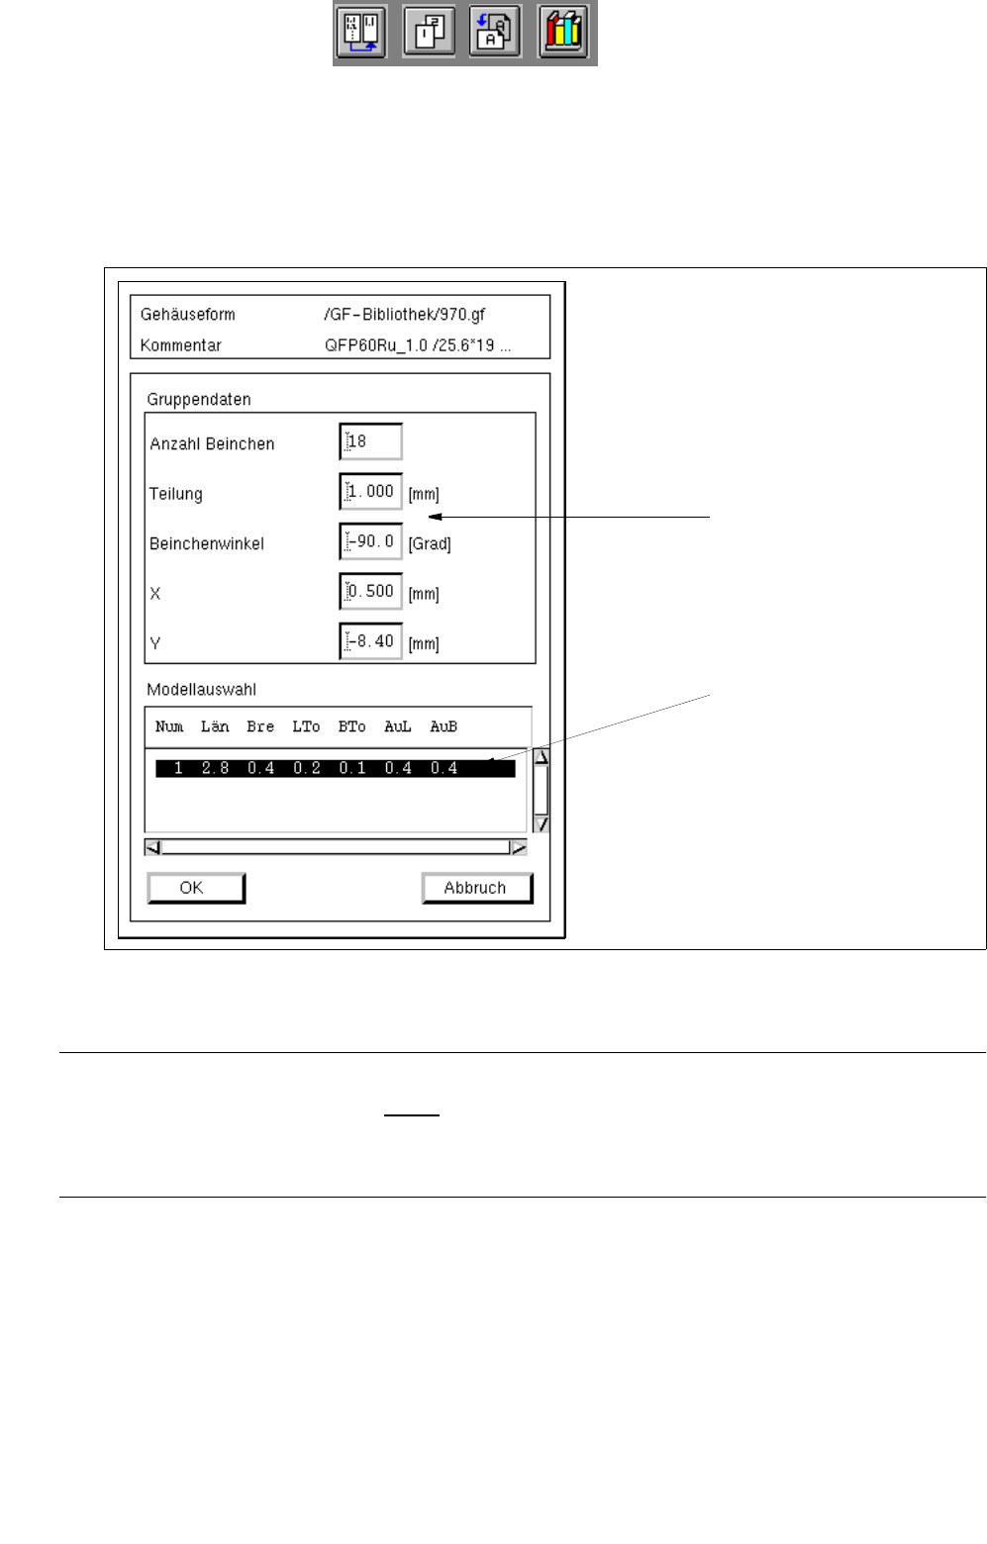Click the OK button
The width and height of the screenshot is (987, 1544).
click(195, 888)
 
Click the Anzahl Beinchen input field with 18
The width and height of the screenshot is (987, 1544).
click(371, 441)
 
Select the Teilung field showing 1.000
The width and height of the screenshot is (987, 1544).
click(371, 492)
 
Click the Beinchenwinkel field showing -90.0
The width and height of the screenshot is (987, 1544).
click(371, 541)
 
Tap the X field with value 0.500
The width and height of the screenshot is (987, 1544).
click(371, 591)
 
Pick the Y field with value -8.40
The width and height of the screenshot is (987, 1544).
click(371, 641)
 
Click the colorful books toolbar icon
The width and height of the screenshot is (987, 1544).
click(563, 32)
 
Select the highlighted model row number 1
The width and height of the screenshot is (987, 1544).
click(335, 768)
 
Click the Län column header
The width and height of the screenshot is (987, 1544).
click(215, 726)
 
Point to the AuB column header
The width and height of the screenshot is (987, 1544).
click(444, 726)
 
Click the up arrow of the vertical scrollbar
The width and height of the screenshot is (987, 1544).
click(541, 757)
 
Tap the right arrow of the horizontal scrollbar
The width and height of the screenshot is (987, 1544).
click(518, 847)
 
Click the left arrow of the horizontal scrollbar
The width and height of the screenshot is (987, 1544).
click(153, 847)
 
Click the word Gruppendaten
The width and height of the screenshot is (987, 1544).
click(199, 400)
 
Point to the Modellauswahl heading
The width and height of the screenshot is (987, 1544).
click(202, 690)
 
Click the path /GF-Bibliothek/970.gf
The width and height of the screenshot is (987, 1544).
click(404, 315)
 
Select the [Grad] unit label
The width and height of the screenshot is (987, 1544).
click(430, 544)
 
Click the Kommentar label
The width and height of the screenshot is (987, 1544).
click(181, 345)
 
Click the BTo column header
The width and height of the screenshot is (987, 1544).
click(351, 726)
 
